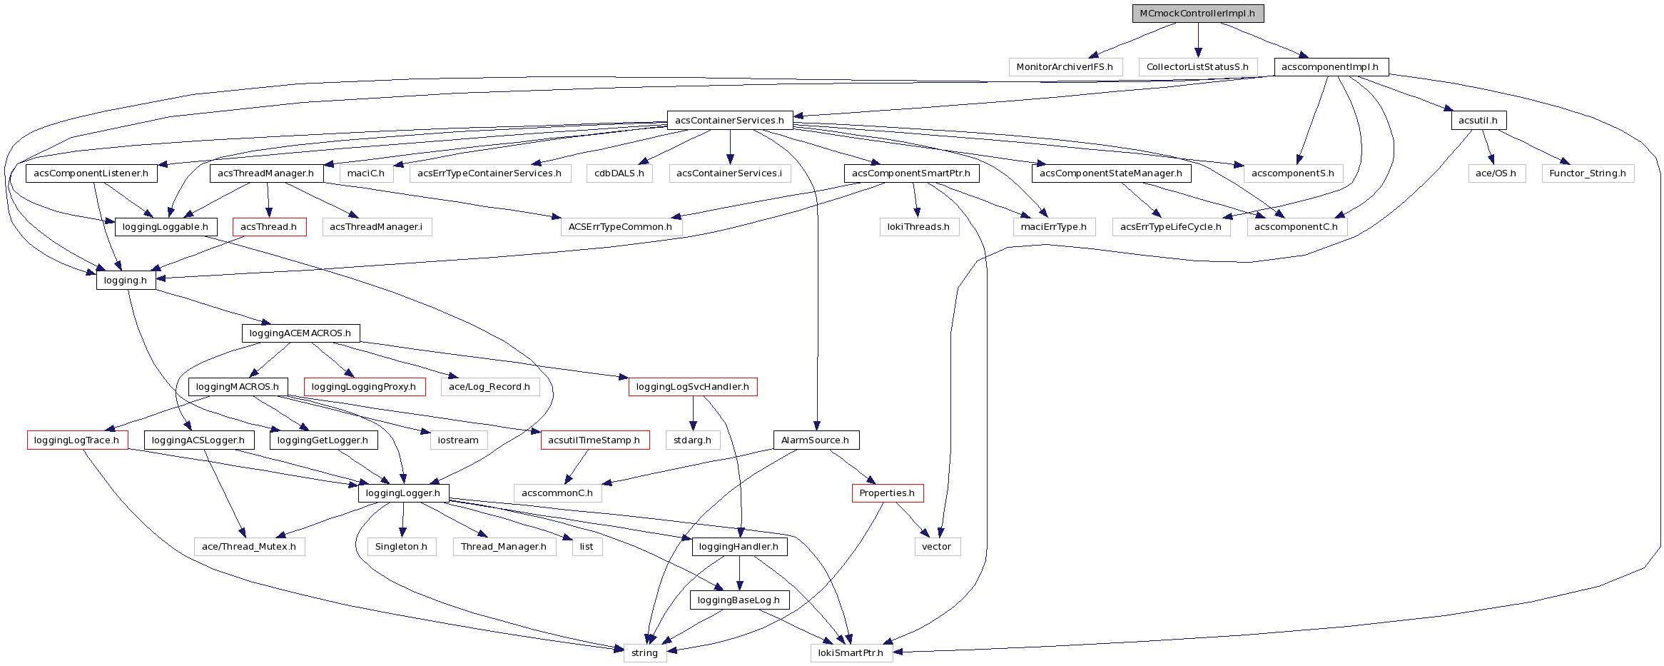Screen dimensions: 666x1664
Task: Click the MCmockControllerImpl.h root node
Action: [1197, 14]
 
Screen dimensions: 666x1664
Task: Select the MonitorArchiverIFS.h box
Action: [1065, 67]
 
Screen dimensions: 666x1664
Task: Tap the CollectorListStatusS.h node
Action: [1197, 67]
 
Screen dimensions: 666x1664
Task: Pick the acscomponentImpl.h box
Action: [1331, 67]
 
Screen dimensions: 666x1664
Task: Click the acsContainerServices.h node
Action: [729, 120]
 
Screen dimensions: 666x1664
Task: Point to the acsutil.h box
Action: [1478, 120]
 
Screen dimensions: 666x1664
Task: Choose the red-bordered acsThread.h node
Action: [269, 227]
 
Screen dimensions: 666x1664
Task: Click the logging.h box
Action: [126, 281]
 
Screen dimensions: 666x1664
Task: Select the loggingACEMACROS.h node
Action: [300, 333]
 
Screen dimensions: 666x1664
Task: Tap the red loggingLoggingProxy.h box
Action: [364, 387]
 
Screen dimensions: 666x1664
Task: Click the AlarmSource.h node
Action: [816, 440]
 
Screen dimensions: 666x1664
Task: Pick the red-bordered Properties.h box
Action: [887, 493]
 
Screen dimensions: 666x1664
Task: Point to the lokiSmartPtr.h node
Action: [851, 653]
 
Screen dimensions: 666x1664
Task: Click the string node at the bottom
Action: [644, 653]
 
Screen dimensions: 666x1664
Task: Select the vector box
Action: [937, 547]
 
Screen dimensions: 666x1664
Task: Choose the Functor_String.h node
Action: [1588, 173]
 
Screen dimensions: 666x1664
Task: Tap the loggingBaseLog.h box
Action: [739, 600]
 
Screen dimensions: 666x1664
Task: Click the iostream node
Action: [458, 440]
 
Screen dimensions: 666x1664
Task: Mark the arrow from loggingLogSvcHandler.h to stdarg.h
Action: [693, 413]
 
